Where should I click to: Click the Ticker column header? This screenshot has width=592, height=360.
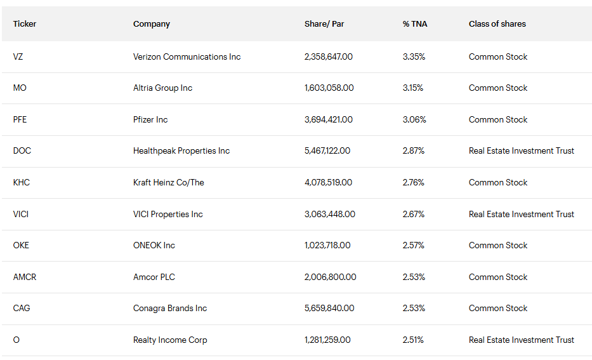[25, 24]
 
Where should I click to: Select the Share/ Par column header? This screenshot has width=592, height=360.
[324, 24]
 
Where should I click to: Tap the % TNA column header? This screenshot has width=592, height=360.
[415, 24]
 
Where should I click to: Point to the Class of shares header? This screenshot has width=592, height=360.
[497, 24]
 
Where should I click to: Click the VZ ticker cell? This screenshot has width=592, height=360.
[18, 57]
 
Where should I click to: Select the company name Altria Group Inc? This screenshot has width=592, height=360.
[162, 88]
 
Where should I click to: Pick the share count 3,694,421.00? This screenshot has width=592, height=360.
[329, 119]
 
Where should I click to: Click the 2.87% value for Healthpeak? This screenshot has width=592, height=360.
[414, 151]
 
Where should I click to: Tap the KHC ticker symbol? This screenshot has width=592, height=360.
[21, 182]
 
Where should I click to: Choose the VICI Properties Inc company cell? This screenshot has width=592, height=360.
[168, 214]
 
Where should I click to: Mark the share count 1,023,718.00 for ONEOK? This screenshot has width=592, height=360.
[327, 245]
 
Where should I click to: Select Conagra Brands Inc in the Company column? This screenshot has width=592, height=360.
[170, 308]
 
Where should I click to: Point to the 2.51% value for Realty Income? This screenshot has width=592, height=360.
[413, 340]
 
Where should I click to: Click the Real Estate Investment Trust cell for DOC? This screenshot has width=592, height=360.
[522, 151]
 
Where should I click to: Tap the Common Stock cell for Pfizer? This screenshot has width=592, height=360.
[498, 119]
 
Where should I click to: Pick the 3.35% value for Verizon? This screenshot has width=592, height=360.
[414, 57]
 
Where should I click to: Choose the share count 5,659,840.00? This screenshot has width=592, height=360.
[329, 308]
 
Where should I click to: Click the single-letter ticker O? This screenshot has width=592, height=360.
[16, 340]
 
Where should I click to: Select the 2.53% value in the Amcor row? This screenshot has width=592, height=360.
[414, 277]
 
